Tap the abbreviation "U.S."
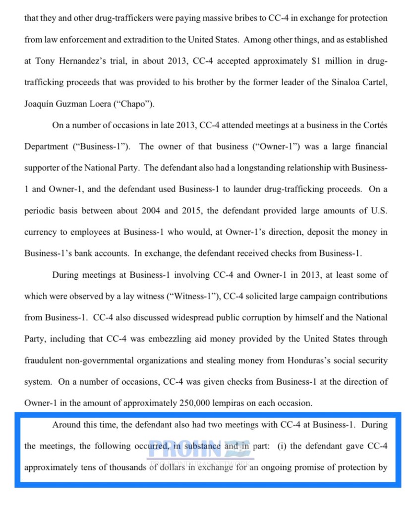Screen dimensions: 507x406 [377, 210]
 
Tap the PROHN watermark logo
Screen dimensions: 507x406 [201, 447]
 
